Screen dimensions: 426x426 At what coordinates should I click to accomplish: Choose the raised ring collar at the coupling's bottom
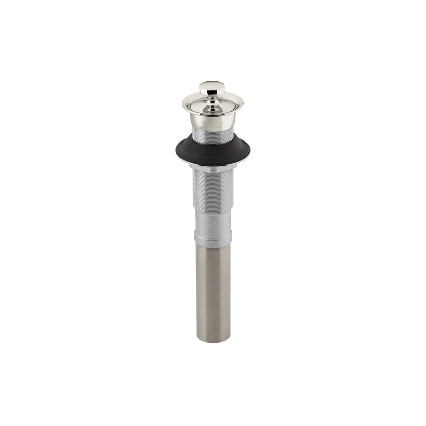(213, 237)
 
